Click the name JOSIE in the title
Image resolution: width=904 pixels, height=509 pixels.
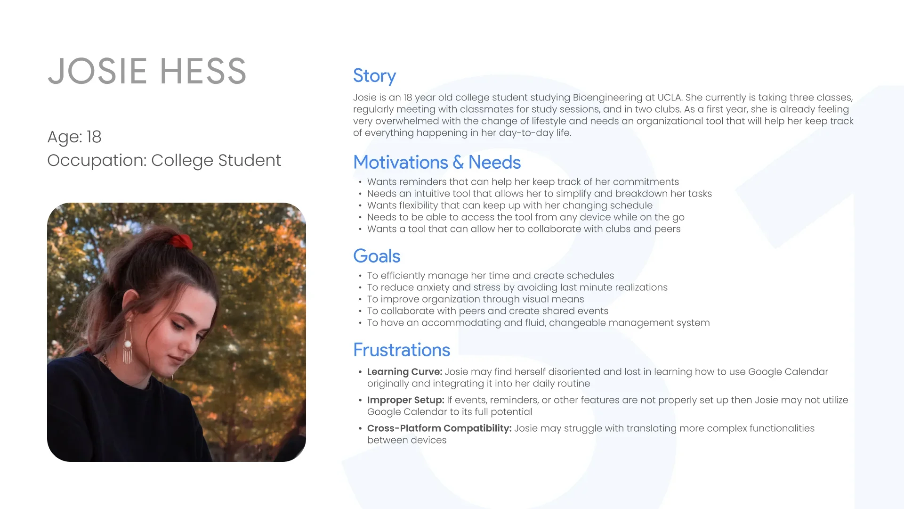pyautogui.click(x=97, y=71)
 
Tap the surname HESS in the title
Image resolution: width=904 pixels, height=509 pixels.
pyautogui.click(x=203, y=71)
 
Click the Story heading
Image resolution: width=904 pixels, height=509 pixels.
pyautogui.click(x=374, y=76)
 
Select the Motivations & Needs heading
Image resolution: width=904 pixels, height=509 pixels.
pyautogui.click(x=437, y=162)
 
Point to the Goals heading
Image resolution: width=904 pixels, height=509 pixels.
pyautogui.click(x=377, y=256)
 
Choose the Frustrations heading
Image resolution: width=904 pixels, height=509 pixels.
pyautogui.click(x=402, y=350)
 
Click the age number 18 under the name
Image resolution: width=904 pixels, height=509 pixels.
pyautogui.click(x=94, y=137)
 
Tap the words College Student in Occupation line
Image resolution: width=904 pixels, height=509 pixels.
pyautogui.click(x=216, y=160)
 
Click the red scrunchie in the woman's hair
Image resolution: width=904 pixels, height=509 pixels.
pyautogui.click(x=181, y=242)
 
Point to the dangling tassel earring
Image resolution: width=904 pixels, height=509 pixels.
pyautogui.click(x=127, y=342)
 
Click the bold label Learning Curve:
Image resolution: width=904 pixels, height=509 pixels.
pyautogui.click(x=404, y=372)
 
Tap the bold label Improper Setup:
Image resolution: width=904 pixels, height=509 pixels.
pyautogui.click(x=406, y=400)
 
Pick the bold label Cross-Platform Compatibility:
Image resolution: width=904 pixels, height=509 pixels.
pyautogui.click(x=439, y=428)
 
